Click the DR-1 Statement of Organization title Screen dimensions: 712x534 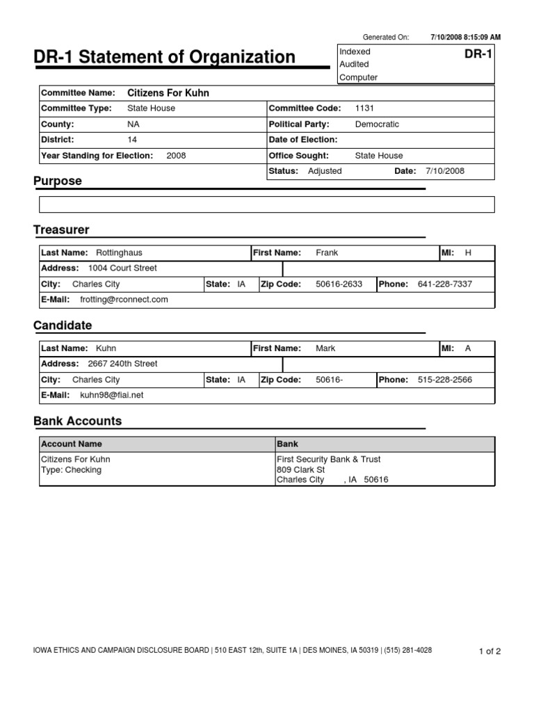click(x=164, y=57)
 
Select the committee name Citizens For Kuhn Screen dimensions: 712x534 click(x=168, y=92)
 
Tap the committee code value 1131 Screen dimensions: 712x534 click(x=364, y=108)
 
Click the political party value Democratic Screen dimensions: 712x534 click(x=377, y=124)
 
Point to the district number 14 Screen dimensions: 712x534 click(x=132, y=140)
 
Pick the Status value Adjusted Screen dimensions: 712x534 click(x=324, y=171)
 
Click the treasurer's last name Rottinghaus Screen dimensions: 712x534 click(x=118, y=253)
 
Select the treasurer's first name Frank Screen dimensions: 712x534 click(x=327, y=253)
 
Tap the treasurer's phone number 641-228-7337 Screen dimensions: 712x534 click(x=445, y=284)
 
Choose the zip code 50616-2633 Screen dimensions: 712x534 click(x=339, y=284)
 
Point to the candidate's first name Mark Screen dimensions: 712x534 click(x=325, y=348)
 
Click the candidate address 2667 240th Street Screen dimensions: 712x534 click(x=122, y=364)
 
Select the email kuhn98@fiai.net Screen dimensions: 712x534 click(x=112, y=395)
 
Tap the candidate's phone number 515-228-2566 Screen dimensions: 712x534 click(x=445, y=380)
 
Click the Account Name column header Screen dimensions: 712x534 click(x=72, y=444)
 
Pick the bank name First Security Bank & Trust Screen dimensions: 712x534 click(x=328, y=460)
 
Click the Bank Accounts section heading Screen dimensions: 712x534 click(x=77, y=421)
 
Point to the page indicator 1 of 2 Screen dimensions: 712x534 click(x=489, y=652)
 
